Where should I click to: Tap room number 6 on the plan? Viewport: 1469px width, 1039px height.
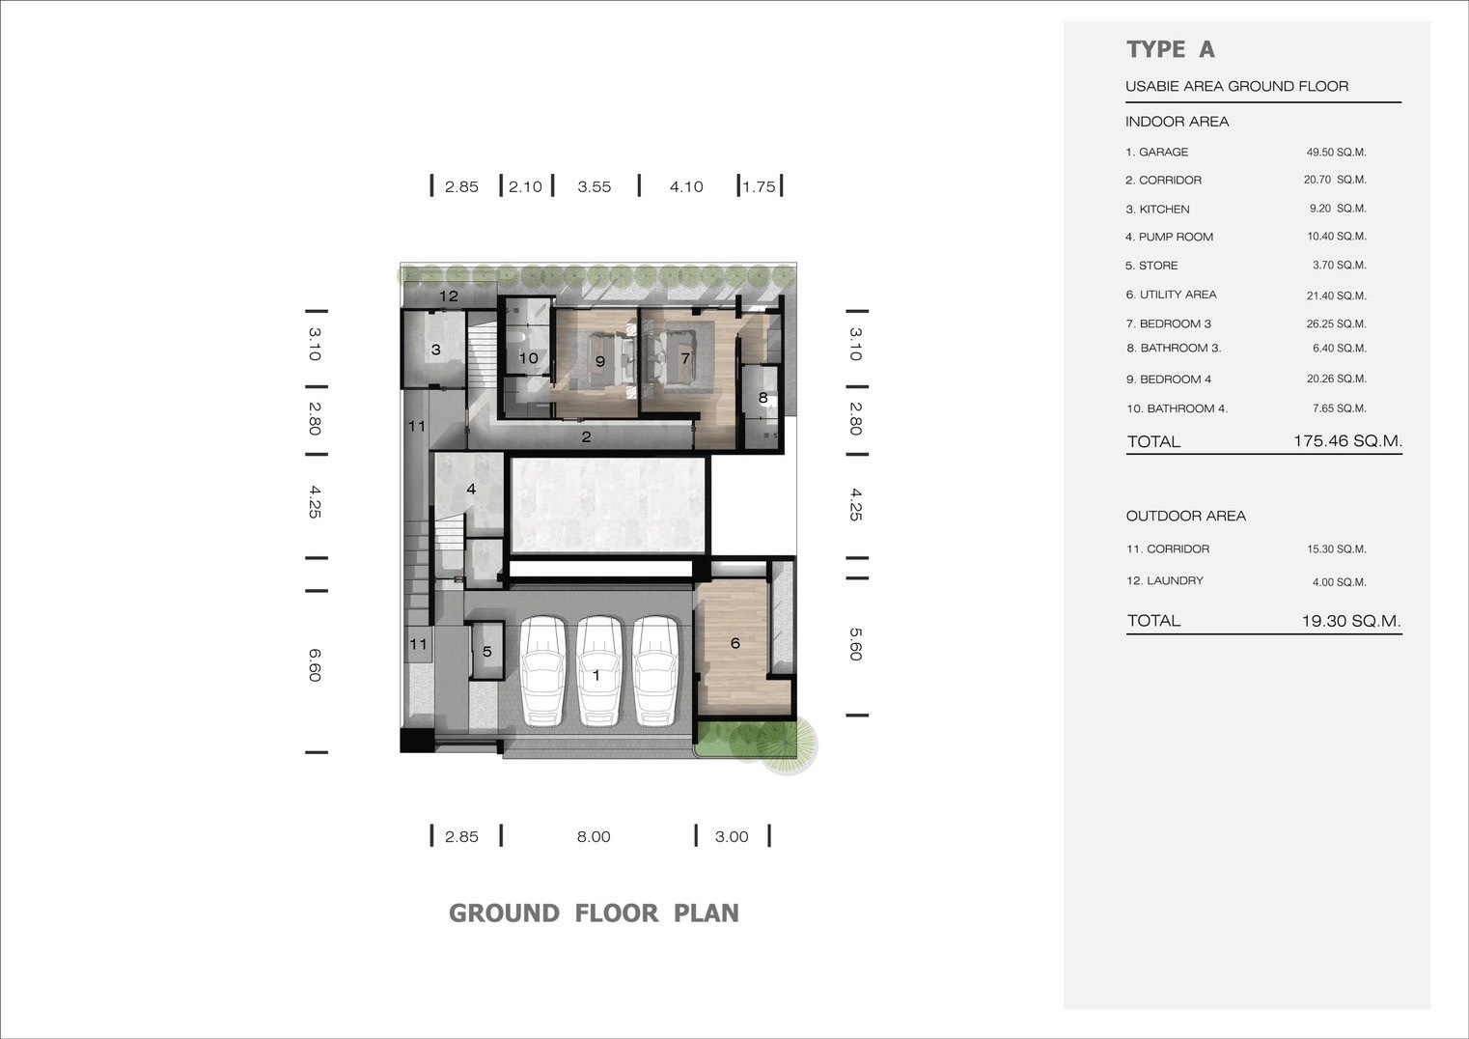coord(735,643)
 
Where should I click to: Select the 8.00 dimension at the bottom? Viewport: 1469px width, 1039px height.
coord(594,837)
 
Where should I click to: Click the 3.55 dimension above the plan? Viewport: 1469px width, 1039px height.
coord(595,187)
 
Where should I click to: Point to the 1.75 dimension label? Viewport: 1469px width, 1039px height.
coord(759,187)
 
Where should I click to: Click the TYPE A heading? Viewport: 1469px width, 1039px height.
coord(1171,49)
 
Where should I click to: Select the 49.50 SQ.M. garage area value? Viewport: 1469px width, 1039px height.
coord(1336,153)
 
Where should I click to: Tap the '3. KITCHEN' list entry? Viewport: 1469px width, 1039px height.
coord(1157,210)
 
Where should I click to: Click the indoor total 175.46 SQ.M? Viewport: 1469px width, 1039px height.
coord(1347,440)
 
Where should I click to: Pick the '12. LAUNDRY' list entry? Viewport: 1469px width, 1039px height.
coord(1165,580)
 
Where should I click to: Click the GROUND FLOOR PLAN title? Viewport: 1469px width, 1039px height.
coord(594,913)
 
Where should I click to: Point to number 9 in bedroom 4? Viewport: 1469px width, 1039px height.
coord(600,361)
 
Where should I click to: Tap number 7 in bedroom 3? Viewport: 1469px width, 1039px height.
coord(685,358)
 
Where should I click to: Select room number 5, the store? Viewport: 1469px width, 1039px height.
coord(487,652)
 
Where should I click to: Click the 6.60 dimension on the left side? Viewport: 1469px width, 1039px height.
coord(315,665)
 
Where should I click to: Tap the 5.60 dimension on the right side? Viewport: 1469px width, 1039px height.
coord(856,644)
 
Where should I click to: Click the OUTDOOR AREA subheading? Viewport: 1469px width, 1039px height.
coord(1185,517)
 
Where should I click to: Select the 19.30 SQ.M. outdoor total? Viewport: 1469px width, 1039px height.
coord(1351,621)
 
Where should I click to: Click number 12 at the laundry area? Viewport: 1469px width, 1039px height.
coord(449,295)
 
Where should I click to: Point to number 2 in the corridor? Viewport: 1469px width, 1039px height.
coord(586,436)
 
